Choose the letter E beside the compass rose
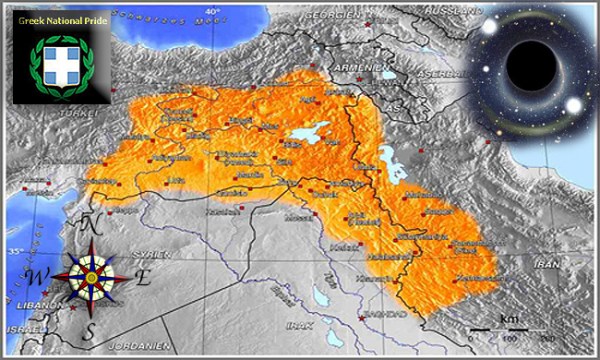coord(142,278)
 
